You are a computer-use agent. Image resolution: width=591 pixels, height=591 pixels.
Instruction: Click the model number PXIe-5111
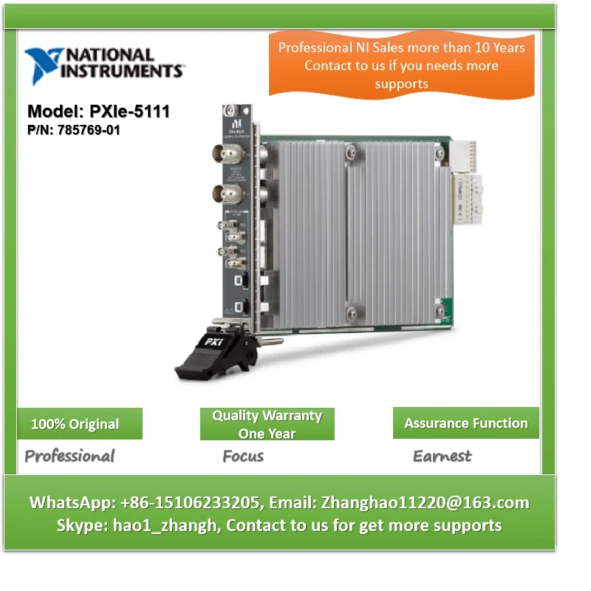point(129,112)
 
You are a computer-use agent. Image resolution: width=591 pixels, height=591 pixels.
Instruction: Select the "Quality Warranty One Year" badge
point(267,424)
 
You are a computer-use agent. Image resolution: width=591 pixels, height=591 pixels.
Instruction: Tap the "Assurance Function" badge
point(465,423)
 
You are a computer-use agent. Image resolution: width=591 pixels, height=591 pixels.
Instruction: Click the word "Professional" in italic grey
point(69,456)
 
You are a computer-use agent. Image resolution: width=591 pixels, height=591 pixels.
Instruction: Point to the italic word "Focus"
point(243,456)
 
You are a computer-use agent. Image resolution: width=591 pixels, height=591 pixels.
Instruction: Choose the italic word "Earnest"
point(442,456)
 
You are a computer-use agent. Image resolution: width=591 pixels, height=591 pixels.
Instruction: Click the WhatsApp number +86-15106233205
point(188,503)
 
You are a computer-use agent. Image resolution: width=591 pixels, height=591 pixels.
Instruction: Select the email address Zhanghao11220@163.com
point(425,503)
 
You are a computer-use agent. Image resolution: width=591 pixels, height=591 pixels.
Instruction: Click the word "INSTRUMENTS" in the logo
point(122,71)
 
